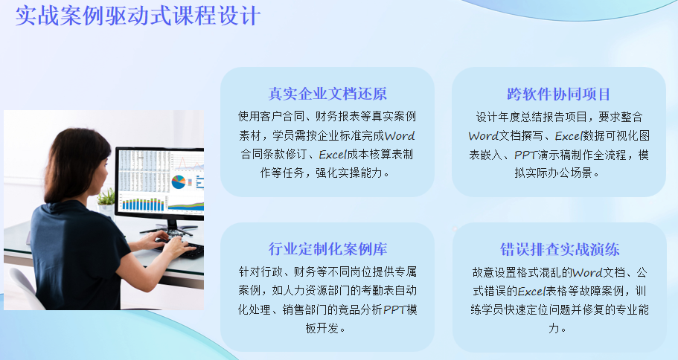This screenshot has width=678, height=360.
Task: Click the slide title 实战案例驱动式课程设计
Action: coord(138,15)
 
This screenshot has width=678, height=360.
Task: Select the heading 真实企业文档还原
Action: coord(327,94)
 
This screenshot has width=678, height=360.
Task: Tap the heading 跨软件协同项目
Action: coord(559,94)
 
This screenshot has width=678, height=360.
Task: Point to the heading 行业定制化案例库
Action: coord(327,249)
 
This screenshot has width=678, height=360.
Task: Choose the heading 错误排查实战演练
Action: coord(560,249)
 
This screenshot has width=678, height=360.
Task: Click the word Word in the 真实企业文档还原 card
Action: coord(400,135)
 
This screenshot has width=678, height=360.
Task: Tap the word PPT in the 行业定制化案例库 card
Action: coord(394,309)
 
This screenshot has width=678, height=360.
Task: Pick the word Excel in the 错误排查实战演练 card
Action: coord(531,292)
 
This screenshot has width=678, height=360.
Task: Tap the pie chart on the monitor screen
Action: coord(178,182)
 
